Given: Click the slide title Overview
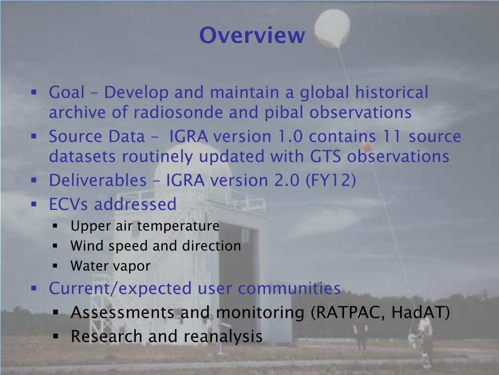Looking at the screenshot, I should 252,35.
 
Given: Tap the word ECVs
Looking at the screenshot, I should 69,204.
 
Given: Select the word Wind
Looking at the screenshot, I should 85,246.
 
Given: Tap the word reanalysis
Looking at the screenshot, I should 223,336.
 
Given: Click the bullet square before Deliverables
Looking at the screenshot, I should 34,180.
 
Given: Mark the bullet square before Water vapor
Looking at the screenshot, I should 56,267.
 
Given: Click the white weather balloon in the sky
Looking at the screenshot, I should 332,28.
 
